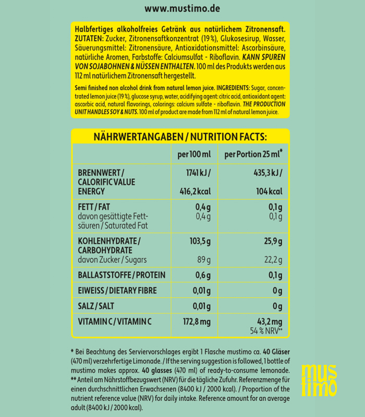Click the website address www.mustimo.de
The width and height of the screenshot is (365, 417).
(x=182, y=9)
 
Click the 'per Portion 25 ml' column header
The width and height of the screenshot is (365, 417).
(x=253, y=154)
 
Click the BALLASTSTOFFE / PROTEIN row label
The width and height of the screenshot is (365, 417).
(x=117, y=275)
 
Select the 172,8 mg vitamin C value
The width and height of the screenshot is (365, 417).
(x=196, y=322)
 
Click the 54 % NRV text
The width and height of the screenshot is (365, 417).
(x=265, y=332)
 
